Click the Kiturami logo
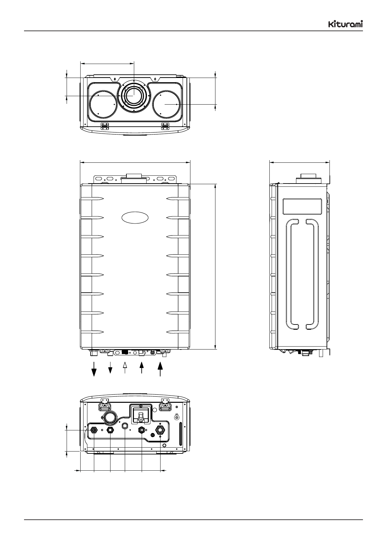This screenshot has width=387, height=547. tap(345, 24)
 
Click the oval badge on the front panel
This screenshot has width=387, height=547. tap(135, 218)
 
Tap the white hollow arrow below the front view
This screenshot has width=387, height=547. tap(125, 366)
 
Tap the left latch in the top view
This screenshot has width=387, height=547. tap(105, 126)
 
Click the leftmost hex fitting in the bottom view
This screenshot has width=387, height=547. tap(94, 430)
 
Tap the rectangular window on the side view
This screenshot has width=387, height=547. tap(304, 207)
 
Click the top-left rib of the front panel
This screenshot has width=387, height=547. tap(92, 199)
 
